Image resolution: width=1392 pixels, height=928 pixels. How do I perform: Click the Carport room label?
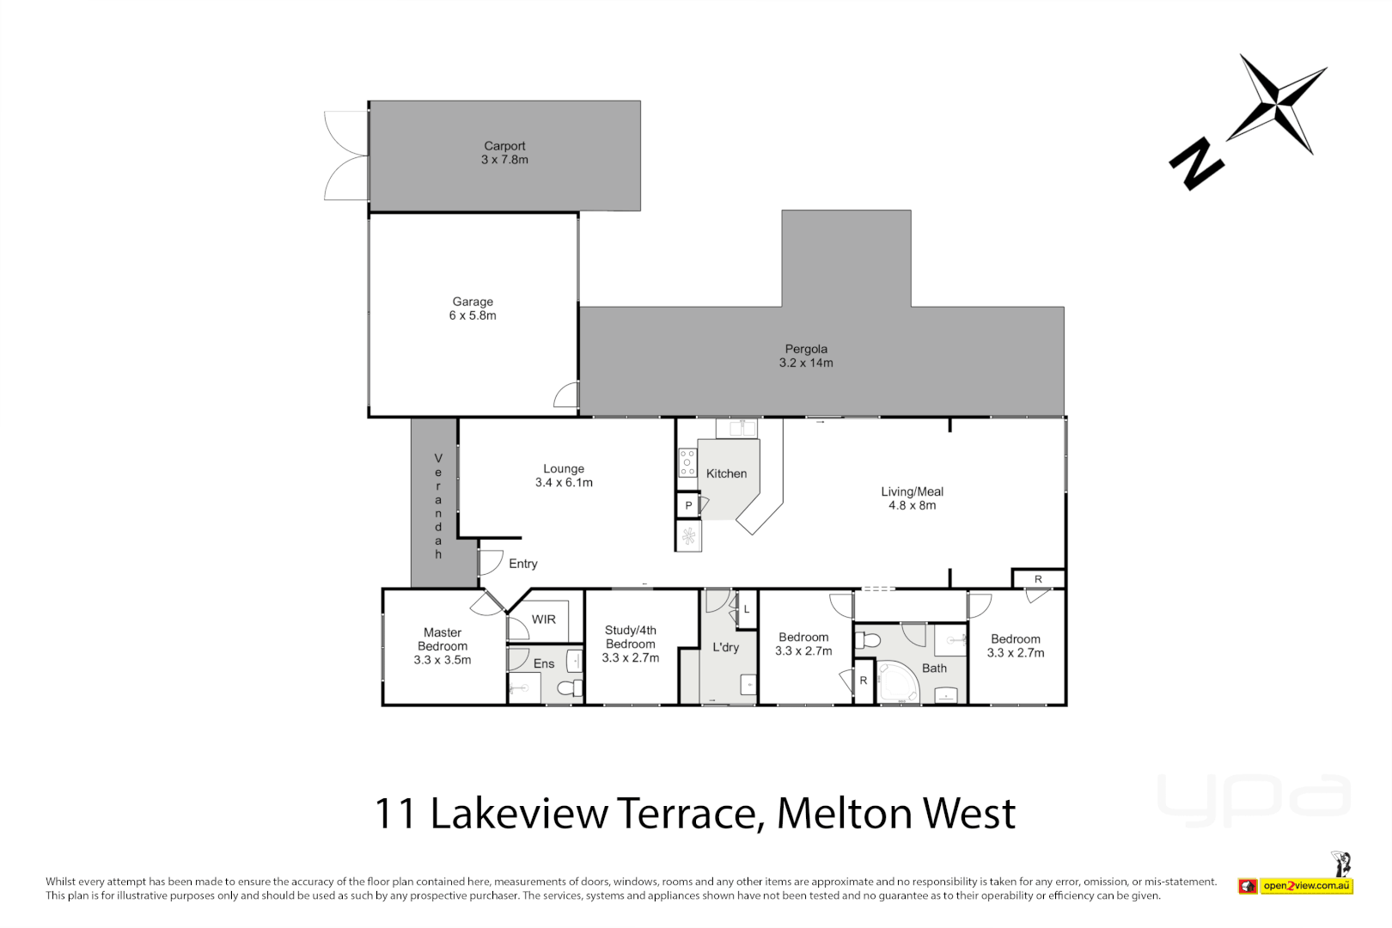point(504,146)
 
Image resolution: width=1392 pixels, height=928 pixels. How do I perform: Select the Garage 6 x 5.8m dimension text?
point(473,315)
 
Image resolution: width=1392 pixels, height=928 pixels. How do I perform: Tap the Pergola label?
point(806,349)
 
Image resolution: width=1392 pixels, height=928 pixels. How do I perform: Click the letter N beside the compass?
point(1195,163)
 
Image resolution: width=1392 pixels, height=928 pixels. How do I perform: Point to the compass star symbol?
point(1279,104)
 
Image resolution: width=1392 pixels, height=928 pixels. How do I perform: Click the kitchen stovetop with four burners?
point(687,462)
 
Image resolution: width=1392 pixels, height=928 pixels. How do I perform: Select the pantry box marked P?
point(688,506)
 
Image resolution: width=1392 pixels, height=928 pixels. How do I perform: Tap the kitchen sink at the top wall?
point(736,428)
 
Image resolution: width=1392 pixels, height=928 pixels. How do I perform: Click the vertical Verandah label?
point(438,506)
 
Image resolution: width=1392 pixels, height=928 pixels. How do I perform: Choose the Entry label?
point(522,564)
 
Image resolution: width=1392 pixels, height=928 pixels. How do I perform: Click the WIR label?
point(543,620)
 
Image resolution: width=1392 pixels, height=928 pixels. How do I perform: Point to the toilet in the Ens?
point(570,688)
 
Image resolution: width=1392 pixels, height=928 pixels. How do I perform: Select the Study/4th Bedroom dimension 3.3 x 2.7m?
point(630,658)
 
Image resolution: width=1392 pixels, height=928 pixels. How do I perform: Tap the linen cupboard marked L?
point(747,609)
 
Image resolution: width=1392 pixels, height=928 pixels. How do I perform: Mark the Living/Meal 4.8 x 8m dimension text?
point(912,505)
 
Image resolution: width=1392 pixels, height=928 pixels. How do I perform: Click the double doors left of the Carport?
point(346,156)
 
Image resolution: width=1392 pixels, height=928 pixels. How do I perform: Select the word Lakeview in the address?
point(520,813)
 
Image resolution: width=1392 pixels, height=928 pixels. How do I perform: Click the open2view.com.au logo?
point(1306,886)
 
